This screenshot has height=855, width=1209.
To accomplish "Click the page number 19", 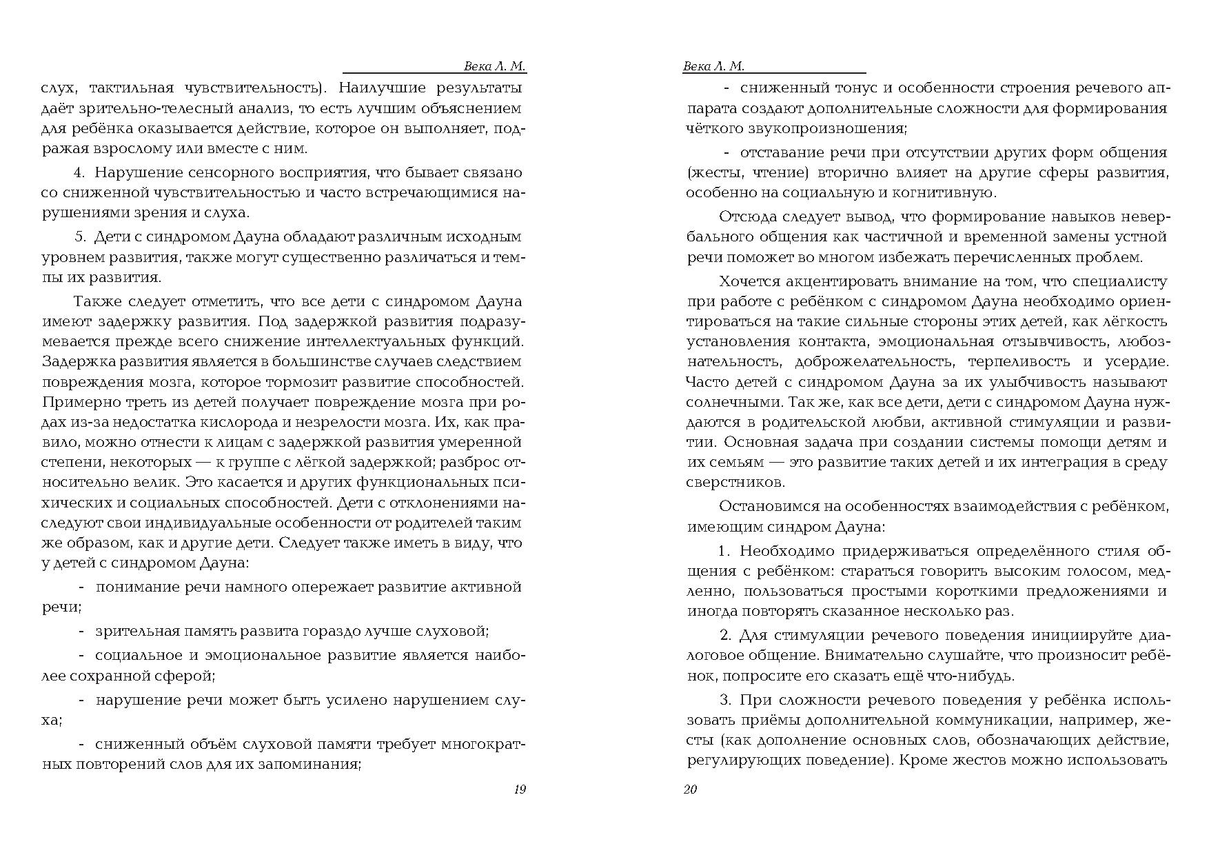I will click(x=520, y=789).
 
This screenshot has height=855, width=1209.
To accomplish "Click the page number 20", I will click(x=690, y=789).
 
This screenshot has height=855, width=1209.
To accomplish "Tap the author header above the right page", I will click(x=713, y=66).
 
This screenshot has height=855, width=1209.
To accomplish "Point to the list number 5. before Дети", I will click(x=80, y=237).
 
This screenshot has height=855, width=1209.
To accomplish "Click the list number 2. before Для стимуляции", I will click(x=724, y=635).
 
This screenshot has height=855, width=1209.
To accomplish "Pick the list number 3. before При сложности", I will click(x=724, y=700).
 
